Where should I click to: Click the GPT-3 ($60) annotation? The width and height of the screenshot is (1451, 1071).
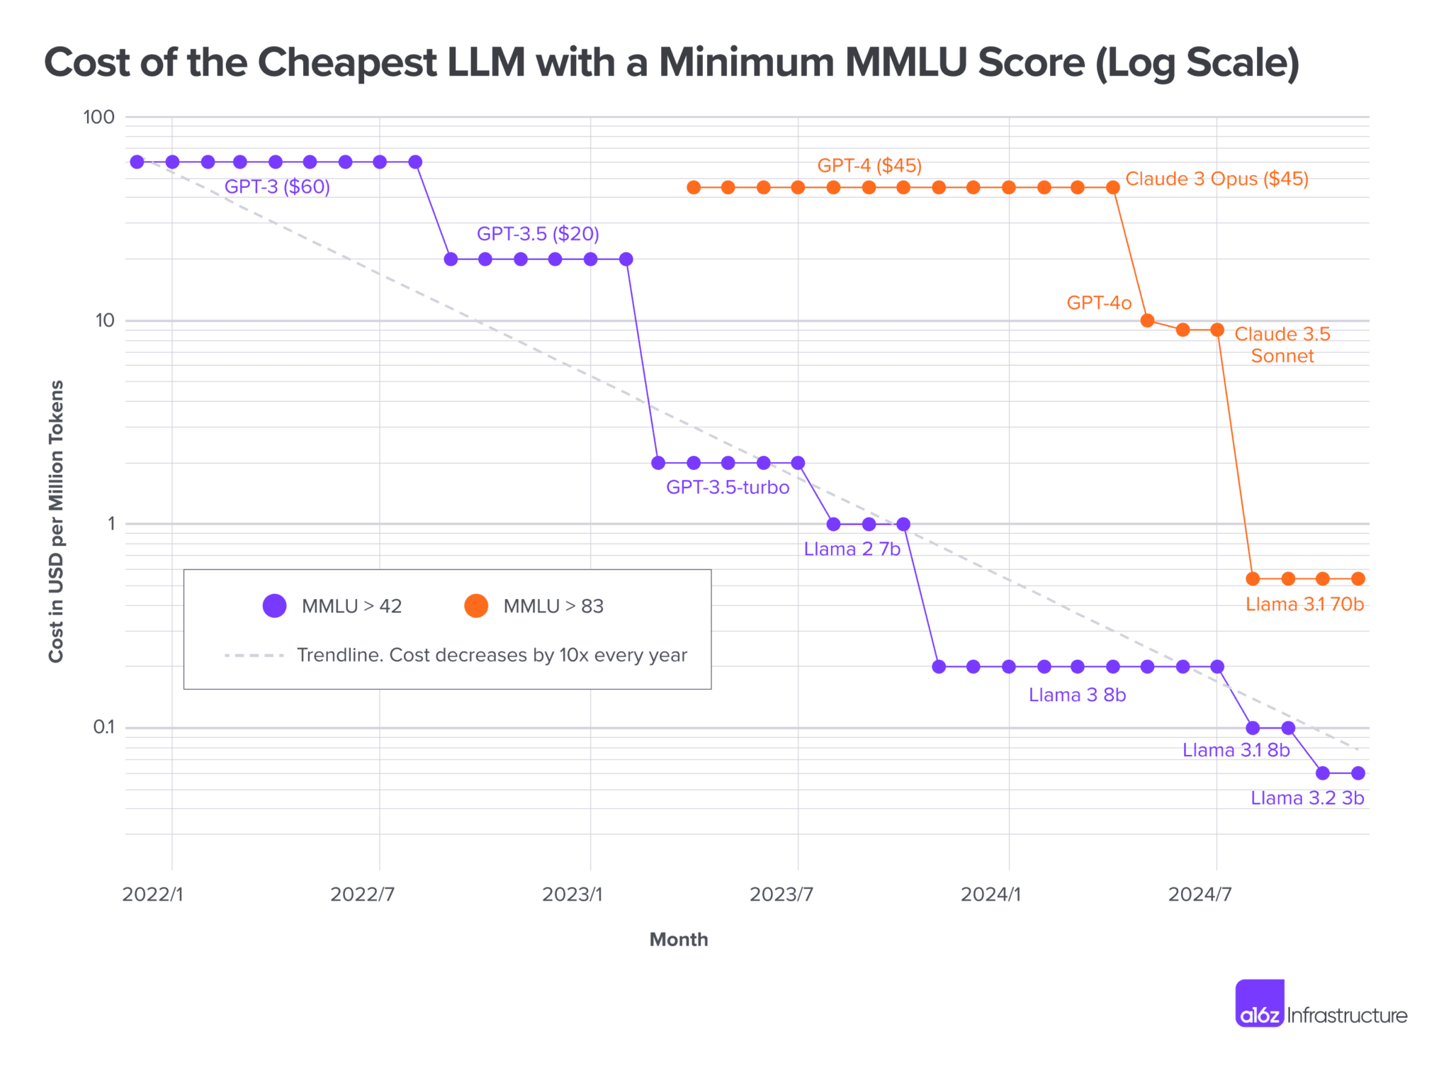coord(277,187)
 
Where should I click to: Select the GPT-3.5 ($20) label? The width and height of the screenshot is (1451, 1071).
coord(538,234)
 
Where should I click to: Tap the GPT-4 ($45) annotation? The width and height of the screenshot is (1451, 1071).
coord(869,166)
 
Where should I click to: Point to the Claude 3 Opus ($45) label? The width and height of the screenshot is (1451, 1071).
coord(1216,179)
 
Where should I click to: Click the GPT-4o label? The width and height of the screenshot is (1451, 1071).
coord(1099,303)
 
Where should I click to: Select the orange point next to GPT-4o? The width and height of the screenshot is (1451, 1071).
coord(1148,320)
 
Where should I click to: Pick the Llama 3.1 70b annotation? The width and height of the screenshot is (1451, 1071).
coord(1304,605)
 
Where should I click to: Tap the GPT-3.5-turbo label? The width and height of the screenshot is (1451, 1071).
coord(728,488)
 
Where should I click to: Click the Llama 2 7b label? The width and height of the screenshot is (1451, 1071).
coord(852,549)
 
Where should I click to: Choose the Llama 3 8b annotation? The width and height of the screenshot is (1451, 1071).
coord(1077,695)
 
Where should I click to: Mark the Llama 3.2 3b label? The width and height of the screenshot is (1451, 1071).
coord(1307,798)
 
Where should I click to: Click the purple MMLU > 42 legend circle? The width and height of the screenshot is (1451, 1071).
coord(274,606)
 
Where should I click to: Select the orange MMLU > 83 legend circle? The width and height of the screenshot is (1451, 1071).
coord(476,606)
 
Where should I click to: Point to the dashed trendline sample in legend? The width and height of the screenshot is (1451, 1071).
coord(254,656)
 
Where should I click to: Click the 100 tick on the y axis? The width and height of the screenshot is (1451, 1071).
coord(98,117)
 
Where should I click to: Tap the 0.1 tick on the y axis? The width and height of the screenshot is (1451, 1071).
coord(103,727)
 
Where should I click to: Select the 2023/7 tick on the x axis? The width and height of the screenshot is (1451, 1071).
coord(781,895)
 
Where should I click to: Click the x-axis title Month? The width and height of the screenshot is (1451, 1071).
coord(679,940)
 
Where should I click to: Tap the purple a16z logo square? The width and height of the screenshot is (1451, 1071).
coord(1260,1003)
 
